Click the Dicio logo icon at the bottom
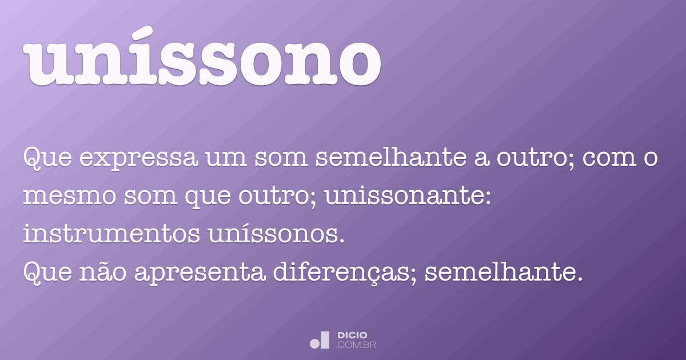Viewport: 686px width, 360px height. click(320, 340)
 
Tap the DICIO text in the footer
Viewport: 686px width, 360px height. click(352, 335)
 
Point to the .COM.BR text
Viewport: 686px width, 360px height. click(356, 345)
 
